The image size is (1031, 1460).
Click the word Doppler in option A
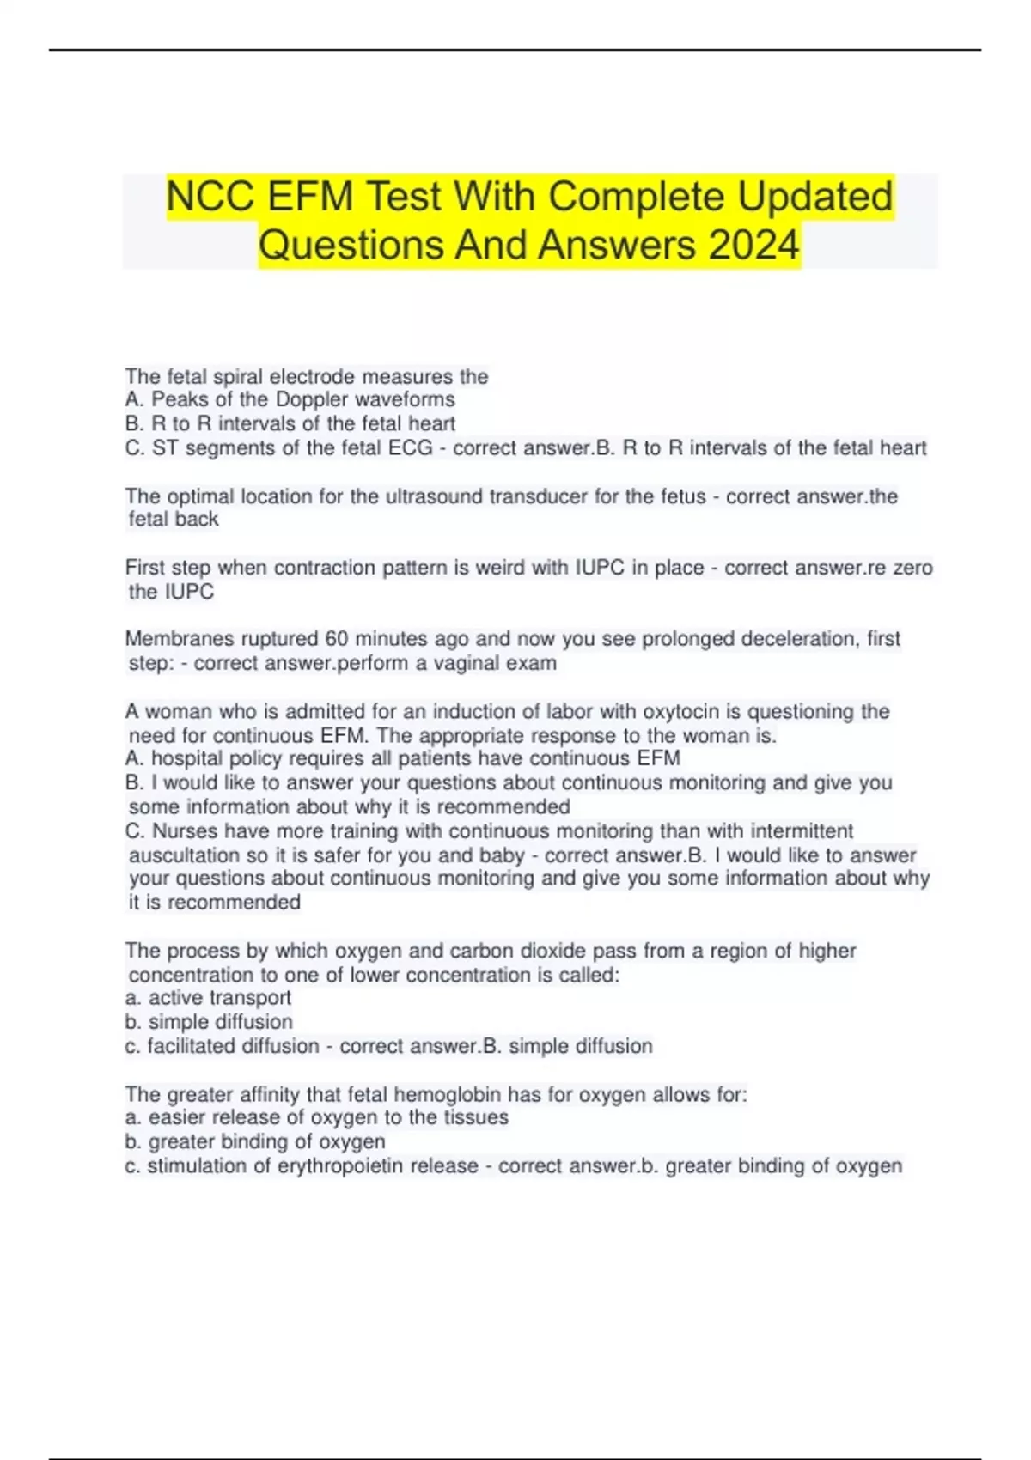coord(312,399)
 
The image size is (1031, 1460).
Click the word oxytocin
coord(680,711)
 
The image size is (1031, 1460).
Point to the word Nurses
coord(184,831)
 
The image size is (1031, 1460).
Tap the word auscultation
coord(185,855)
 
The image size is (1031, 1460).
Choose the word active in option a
coord(176,998)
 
